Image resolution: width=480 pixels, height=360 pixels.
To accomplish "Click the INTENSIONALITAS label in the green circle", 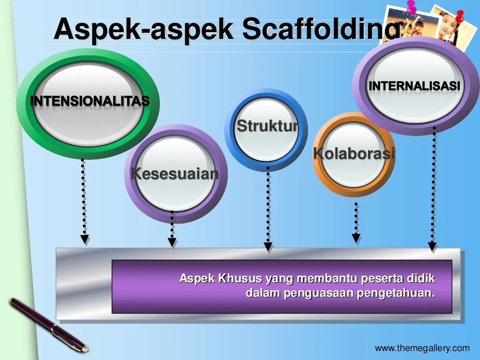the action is [90, 101].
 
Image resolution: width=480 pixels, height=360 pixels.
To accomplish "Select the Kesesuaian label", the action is [175, 173].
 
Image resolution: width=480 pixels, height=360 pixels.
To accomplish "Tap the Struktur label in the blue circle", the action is [267, 126].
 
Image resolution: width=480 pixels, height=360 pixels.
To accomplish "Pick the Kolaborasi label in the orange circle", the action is [354, 153].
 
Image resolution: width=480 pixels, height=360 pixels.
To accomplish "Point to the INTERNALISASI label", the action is [414, 86].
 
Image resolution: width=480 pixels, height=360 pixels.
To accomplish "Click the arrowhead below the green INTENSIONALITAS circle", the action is [84, 240].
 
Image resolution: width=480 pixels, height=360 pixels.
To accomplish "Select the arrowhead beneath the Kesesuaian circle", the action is [172, 242].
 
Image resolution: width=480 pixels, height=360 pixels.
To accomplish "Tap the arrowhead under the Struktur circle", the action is [268, 246].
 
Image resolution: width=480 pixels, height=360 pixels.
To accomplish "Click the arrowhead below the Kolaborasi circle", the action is [356, 238].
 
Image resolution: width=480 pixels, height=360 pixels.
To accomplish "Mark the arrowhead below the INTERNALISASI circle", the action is [432, 246].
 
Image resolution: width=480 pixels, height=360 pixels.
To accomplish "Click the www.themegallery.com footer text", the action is [422, 348].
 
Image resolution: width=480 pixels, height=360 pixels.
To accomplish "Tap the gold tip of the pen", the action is [85, 348].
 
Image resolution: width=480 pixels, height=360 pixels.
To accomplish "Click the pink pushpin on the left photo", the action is [412, 6].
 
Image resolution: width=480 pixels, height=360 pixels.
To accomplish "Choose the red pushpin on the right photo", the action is [459, 16].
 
